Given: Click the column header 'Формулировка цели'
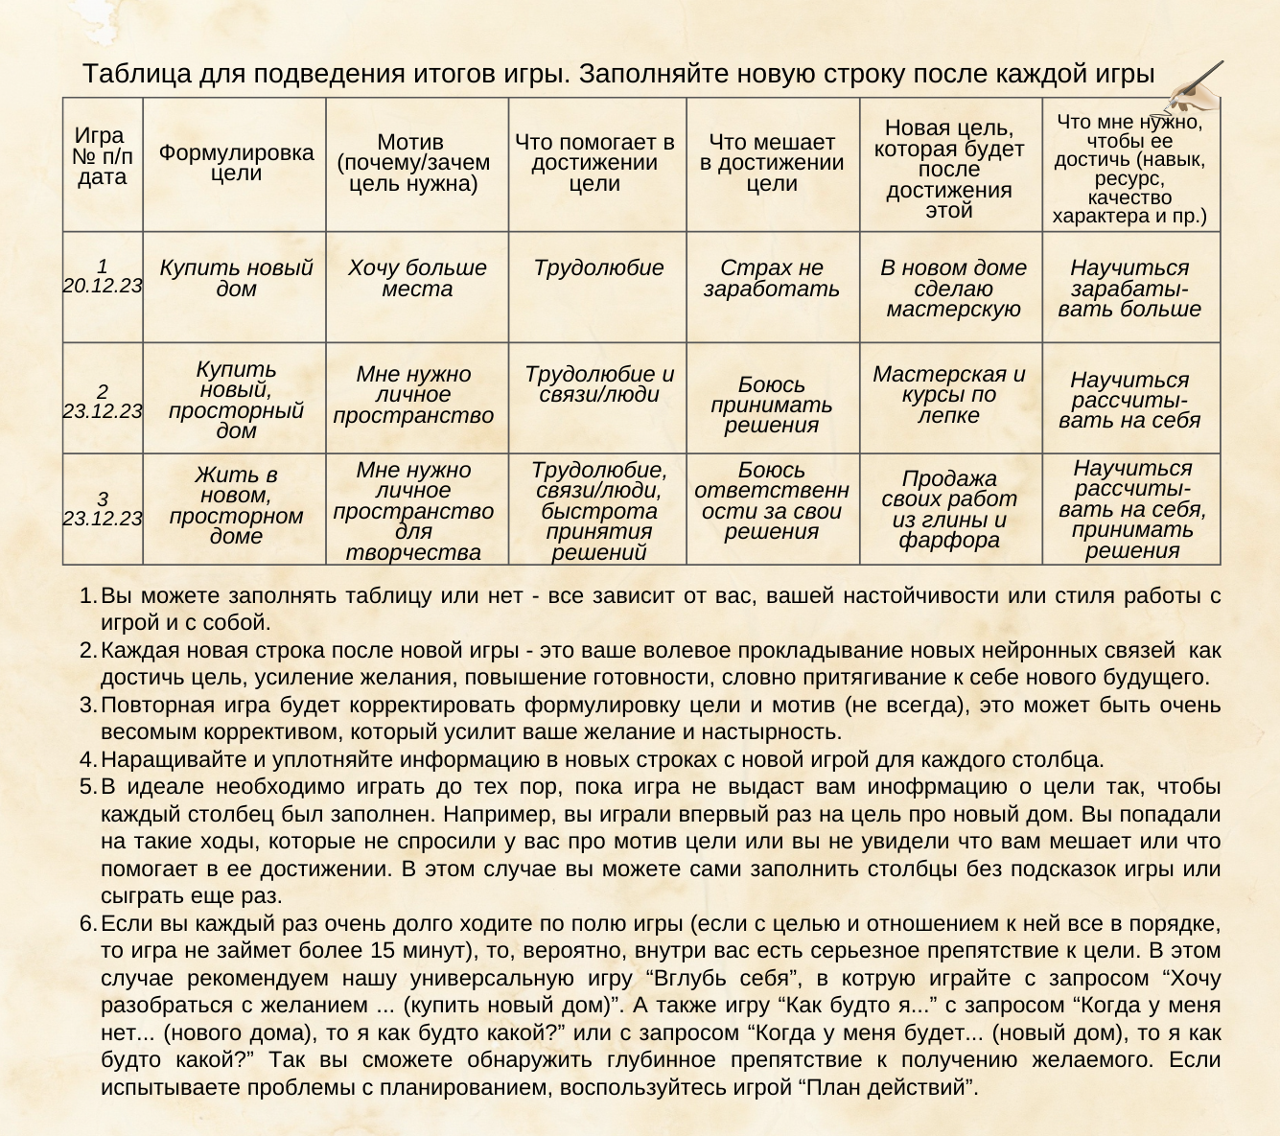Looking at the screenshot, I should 236,163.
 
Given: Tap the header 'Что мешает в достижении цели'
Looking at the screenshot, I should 772,163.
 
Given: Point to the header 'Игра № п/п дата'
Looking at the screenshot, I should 103,156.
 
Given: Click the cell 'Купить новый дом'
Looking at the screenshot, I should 236,278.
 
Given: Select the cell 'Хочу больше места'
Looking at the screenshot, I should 417,278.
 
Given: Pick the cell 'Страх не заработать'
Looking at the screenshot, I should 772,278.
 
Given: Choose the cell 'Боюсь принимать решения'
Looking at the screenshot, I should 772,405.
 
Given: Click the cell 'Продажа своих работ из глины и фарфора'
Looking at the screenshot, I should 949,509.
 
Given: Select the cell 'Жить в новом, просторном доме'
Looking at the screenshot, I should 236,505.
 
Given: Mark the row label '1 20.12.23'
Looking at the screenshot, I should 103,275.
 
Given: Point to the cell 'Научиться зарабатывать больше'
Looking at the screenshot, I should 1129,289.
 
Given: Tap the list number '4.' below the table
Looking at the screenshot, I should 88,760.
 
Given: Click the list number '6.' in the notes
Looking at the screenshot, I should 88,924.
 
